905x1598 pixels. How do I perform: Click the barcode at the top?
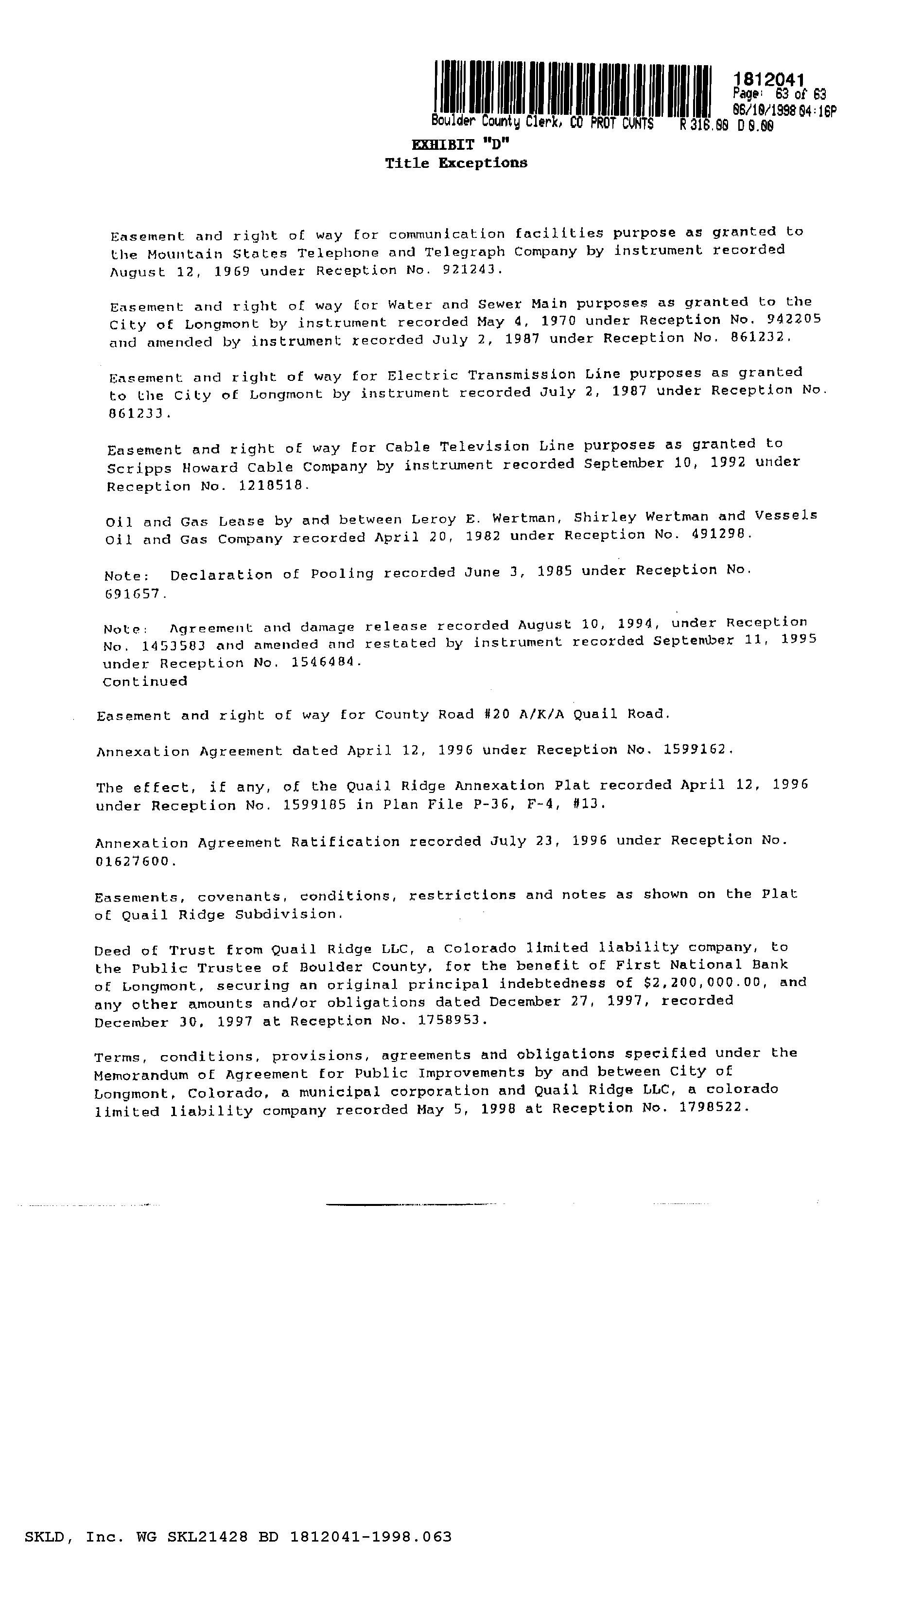click(x=573, y=89)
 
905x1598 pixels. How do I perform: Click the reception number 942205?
click(x=791, y=319)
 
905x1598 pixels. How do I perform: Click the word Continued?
click(x=145, y=681)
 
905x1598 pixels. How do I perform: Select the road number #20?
click(x=496, y=714)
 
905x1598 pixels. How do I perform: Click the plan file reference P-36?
click(x=472, y=804)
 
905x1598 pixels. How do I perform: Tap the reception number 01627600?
click(x=132, y=862)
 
